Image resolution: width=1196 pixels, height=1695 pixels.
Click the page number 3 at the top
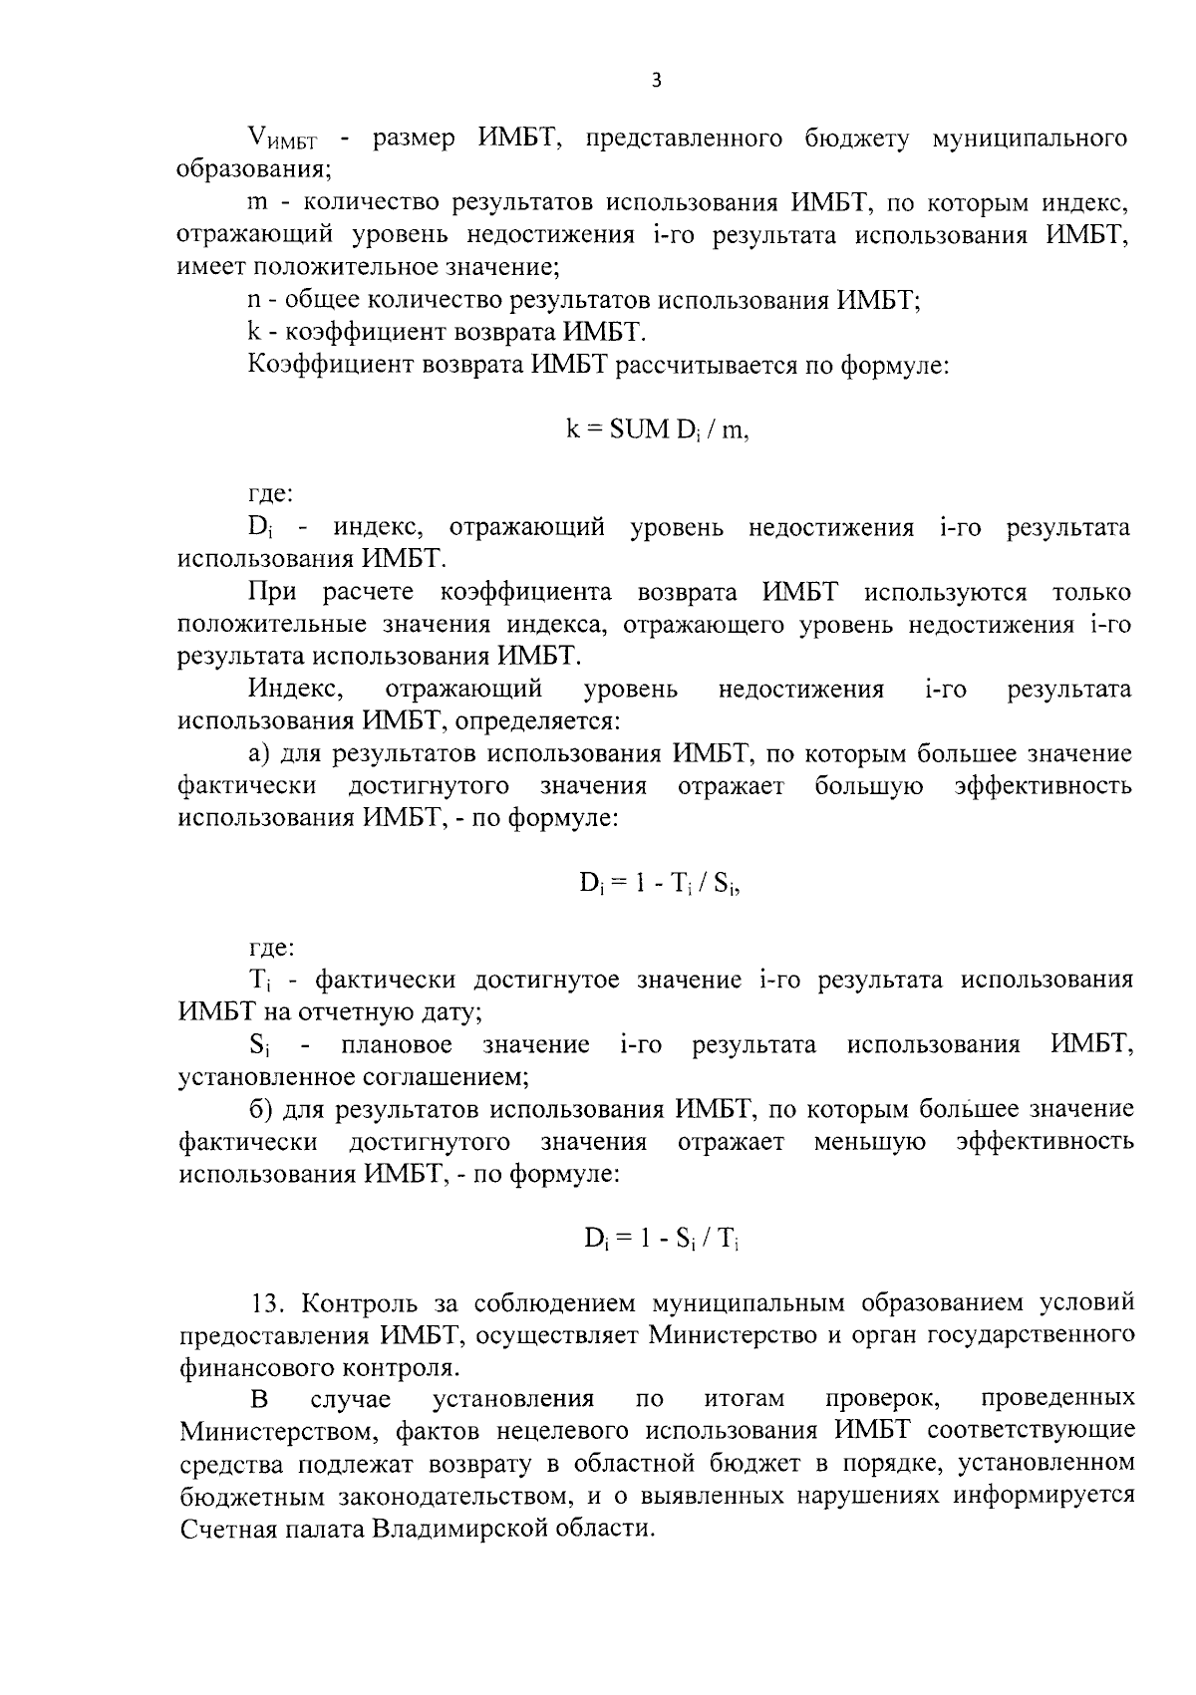[656, 81]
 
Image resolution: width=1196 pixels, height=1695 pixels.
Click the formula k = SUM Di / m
[657, 429]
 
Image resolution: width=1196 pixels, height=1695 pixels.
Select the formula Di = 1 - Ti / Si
[660, 883]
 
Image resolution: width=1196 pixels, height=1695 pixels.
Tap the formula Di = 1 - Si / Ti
[660, 1239]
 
